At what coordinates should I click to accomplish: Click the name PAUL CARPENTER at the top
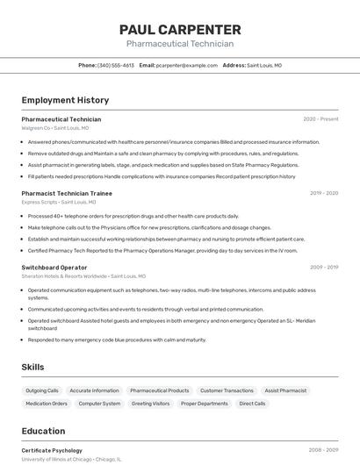coord(180,29)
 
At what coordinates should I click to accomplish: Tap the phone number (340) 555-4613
coord(116,65)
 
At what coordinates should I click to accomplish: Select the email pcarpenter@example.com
coord(187,65)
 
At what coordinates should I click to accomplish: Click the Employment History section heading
coord(65,100)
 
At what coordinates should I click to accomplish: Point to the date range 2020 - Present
coord(320,119)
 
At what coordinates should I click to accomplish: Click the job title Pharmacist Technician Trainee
coord(67,193)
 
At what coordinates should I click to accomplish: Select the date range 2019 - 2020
coord(324,193)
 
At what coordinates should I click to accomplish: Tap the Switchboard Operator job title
coord(54,267)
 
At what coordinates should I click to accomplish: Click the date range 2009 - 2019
coord(324,267)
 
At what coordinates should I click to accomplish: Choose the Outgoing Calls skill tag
coord(42,390)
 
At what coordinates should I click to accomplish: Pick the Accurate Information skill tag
coord(94,390)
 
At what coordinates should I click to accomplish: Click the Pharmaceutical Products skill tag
coord(159,390)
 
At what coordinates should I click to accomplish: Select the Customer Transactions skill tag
coord(227,390)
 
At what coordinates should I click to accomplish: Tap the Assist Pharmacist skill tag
coord(285,390)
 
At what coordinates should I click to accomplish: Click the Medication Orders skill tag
coord(47,404)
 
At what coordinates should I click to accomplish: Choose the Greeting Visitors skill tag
coord(150,404)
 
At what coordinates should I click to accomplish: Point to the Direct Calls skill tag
coord(252,404)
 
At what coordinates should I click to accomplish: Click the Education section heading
coord(43,431)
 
